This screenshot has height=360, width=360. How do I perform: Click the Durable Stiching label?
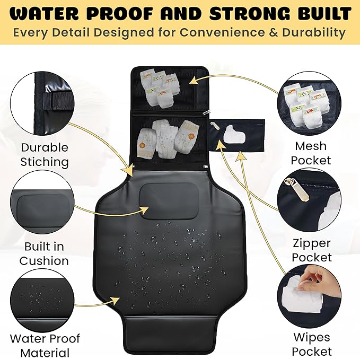click(45, 154)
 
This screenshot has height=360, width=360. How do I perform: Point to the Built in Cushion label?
click(45, 253)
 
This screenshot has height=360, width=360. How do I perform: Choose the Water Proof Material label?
click(45, 345)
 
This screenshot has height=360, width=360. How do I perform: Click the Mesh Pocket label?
click(311, 153)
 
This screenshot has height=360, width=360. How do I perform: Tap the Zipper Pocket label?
click(311, 250)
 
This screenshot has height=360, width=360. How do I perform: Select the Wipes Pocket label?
click(311, 344)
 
